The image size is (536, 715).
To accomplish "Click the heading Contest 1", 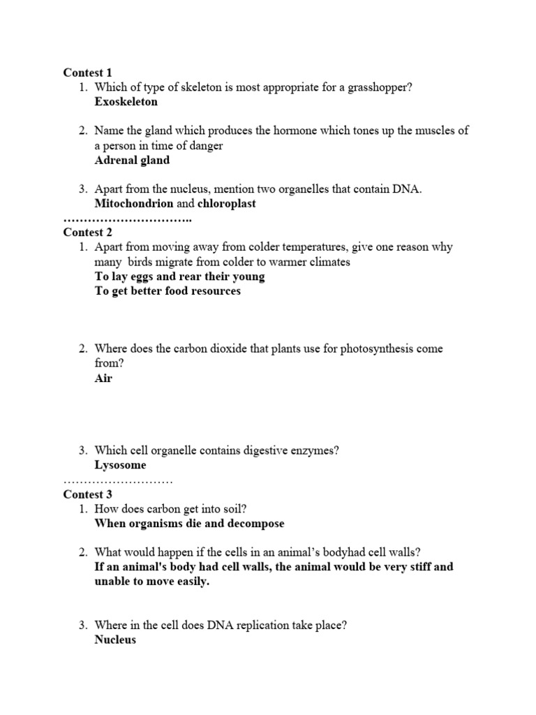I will pyautogui.click(x=87, y=73).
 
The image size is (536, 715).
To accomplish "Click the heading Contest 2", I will pyautogui.click(x=87, y=233).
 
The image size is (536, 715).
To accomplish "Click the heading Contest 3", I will pyautogui.click(x=87, y=494).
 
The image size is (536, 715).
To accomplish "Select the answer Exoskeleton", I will pyautogui.click(x=126, y=102).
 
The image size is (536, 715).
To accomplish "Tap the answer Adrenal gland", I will pyautogui.click(x=132, y=160).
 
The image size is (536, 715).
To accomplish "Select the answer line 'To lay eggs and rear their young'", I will pyautogui.click(x=179, y=277).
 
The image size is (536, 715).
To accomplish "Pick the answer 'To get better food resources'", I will pyautogui.click(x=167, y=291).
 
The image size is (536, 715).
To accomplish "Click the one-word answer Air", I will pyautogui.click(x=103, y=378).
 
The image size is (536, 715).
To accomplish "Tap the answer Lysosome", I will pyautogui.click(x=121, y=465).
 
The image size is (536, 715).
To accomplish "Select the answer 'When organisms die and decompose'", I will pyautogui.click(x=189, y=524).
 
